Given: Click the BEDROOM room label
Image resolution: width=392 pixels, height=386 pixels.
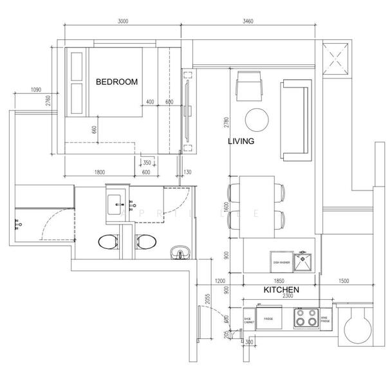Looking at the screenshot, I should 117,82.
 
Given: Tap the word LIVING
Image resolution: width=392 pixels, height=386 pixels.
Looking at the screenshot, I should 241,141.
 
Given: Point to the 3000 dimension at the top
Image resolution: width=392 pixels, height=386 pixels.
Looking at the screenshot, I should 124,21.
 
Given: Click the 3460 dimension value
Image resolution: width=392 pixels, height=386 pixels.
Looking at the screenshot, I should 248,21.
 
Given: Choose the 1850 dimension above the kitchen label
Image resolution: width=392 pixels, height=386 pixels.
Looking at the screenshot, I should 279,281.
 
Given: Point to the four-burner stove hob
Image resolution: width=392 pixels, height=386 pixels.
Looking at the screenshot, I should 306,317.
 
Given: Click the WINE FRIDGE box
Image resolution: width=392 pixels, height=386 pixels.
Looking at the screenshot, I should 326,318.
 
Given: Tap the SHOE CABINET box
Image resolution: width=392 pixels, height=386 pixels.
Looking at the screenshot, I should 248,318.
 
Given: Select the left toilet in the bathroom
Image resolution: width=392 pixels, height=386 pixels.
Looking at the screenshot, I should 107,242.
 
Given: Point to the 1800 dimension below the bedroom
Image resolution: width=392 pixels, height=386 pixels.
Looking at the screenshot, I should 100,172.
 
